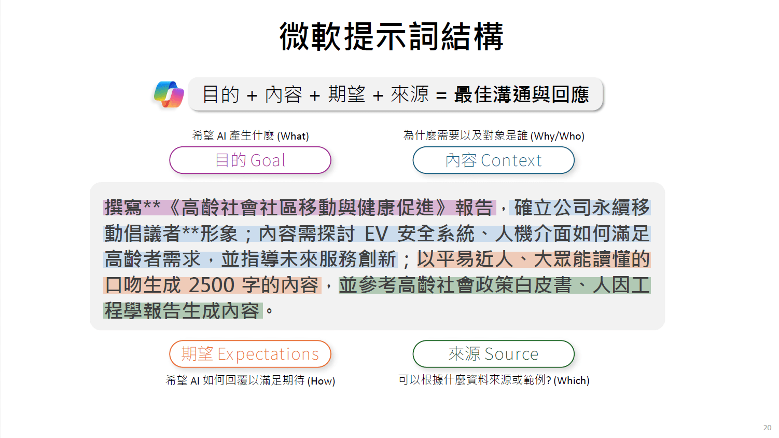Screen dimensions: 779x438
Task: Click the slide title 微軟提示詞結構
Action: click(392, 36)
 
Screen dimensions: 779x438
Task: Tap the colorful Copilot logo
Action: click(169, 94)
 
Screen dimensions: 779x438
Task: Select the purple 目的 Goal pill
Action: click(250, 160)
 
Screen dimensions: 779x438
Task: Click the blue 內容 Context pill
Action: click(493, 160)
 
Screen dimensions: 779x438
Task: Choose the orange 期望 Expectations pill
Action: click(250, 354)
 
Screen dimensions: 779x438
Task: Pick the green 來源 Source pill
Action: click(493, 354)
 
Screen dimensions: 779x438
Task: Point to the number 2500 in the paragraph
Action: click(212, 285)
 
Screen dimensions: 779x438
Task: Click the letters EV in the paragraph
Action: click(377, 234)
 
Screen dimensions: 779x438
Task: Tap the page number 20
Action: click(767, 428)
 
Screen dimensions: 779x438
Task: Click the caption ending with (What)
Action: click(251, 136)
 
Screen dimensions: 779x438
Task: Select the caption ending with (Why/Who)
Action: click(494, 136)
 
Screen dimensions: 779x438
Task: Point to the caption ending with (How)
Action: click(251, 381)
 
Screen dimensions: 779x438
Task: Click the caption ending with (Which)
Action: click(494, 380)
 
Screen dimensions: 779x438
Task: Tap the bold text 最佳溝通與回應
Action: click(521, 94)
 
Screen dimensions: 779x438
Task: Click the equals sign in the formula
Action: click(441, 95)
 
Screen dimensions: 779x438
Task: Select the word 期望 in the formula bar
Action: click(347, 94)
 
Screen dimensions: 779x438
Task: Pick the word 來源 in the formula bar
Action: click(410, 94)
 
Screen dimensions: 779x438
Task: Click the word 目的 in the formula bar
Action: click(221, 94)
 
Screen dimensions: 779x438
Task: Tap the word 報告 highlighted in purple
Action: click(474, 208)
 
